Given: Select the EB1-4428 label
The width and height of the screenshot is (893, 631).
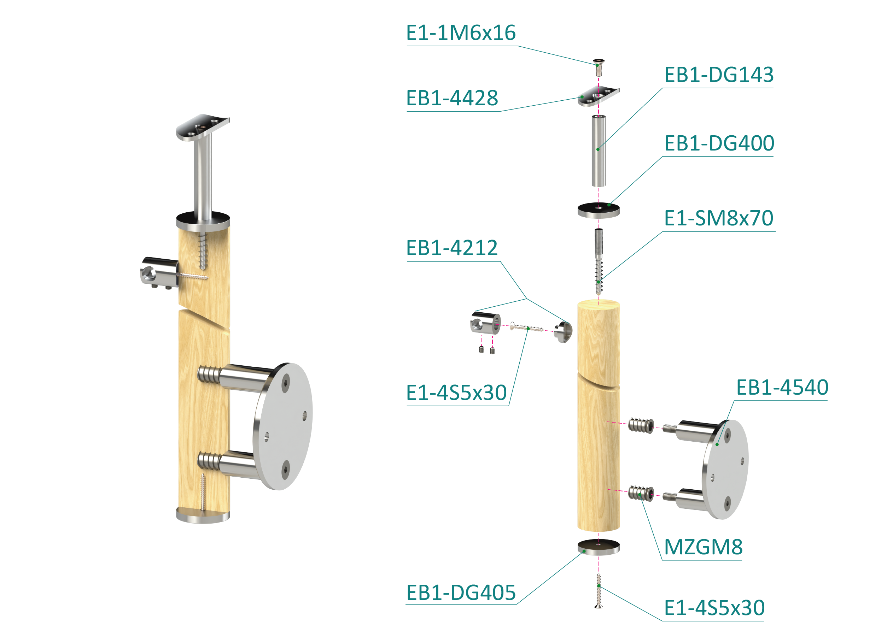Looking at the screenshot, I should coord(452,98).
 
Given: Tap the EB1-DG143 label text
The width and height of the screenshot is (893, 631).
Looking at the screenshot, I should coord(719,75).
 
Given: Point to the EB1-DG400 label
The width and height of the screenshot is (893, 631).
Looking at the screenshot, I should coord(719,143).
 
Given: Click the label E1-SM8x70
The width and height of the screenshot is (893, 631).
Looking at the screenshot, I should coord(718,218).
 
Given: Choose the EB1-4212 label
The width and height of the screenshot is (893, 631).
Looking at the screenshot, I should coord(452,248).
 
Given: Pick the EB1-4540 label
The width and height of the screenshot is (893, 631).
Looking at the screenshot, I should coord(782,387).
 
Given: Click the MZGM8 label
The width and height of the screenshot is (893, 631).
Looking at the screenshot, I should coord(703,547).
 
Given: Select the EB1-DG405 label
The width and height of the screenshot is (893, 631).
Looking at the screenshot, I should coord(461,593).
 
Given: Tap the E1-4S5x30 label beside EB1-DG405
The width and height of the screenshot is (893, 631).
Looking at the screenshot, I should coord(714,608).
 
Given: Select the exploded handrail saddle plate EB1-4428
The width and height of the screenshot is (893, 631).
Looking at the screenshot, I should coord(598,96).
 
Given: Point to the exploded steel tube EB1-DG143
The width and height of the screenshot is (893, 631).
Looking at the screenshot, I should coord(599,151).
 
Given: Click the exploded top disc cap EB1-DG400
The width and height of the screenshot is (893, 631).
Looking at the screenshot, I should coord(599,210).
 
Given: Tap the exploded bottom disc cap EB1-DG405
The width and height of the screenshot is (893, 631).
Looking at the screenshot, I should coord(599,547).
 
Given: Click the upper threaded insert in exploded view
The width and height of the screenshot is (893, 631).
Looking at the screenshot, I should coord(641,425).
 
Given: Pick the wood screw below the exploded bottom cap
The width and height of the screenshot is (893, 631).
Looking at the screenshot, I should coord(599,590).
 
